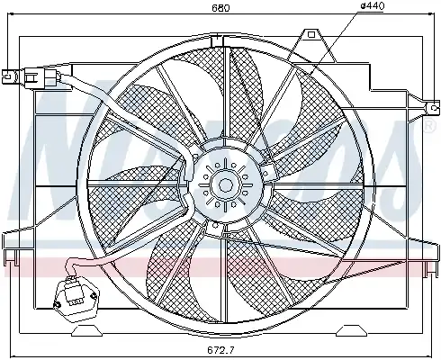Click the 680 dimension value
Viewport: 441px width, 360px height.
tap(220, 7)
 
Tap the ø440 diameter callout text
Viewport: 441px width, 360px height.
tap(372, 5)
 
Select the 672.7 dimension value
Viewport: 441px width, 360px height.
tap(220, 350)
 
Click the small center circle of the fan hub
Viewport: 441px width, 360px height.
tap(225, 184)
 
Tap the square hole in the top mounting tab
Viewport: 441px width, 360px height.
tap(311, 34)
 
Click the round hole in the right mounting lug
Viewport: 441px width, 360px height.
tap(434, 108)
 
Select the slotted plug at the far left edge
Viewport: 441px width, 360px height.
tap(8, 76)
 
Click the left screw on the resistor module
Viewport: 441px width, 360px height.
tap(57, 305)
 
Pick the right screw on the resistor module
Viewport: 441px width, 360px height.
tap(94, 296)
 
